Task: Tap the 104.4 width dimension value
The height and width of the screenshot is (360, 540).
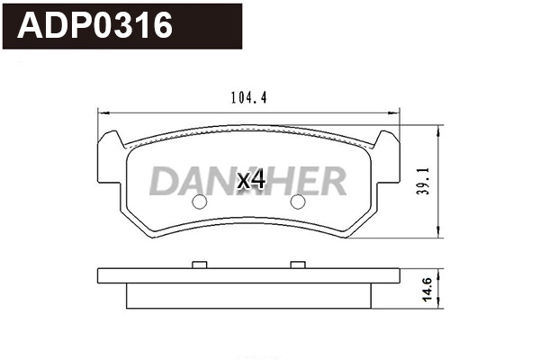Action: (x=247, y=97)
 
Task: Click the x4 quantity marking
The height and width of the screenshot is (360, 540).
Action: (x=250, y=181)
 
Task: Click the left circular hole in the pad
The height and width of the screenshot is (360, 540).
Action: (x=200, y=202)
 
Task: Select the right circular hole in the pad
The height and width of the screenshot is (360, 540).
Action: (x=297, y=202)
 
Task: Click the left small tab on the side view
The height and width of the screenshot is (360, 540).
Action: (x=201, y=265)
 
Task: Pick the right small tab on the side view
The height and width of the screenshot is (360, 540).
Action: (x=297, y=265)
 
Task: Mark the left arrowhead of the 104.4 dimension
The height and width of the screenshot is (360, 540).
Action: (x=101, y=112)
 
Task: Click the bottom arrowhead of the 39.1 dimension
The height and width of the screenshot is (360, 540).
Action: (x=438, y=235)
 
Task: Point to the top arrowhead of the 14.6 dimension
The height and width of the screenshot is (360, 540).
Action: (x=438, y=271)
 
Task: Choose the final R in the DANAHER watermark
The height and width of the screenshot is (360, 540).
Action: (x=330, y=182)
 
